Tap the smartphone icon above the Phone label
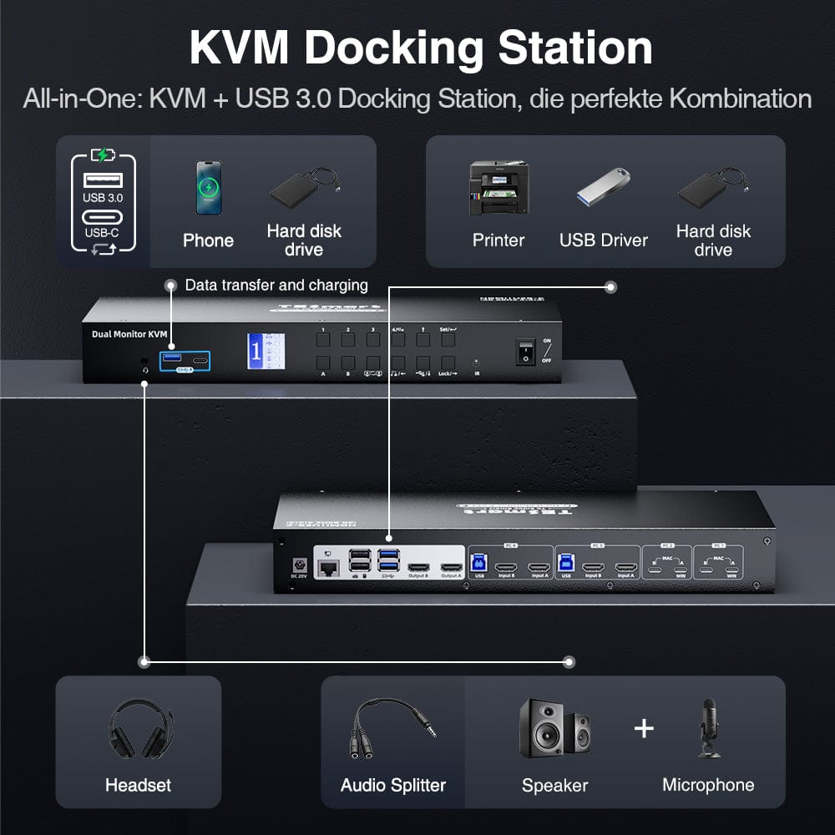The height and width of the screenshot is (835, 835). point(208,188)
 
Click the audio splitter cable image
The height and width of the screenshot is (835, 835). point(392,730)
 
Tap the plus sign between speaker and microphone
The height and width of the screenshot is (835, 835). point(644,728)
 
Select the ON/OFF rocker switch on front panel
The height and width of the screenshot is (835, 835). point(525,352)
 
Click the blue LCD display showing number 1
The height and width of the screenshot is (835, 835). point(261,351)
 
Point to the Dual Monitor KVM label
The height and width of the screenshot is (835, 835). point(129,334)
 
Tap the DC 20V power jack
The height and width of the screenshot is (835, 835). point(293,564)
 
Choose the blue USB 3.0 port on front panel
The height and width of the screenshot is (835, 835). point(173,360)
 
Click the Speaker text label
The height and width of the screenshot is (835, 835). point(554,785)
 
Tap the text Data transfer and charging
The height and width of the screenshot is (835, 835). point(276,286)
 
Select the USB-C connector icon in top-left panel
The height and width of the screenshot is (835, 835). point(102,217)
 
